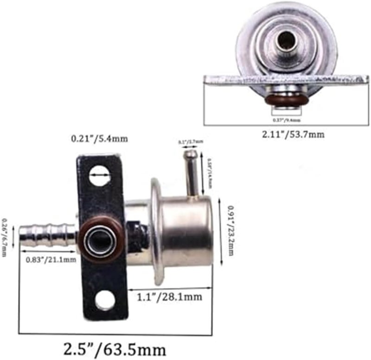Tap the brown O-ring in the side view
click(102, 238)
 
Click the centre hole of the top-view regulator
click(284, 42)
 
